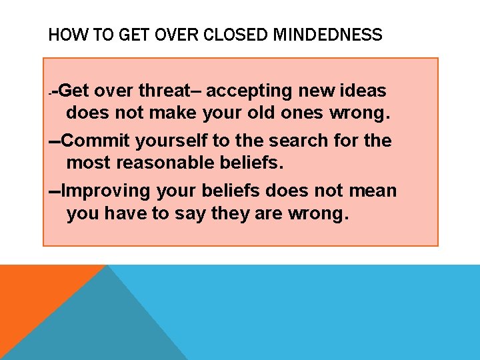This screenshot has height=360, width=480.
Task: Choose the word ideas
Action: point(363,91)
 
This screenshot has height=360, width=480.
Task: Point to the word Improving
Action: point(106,191)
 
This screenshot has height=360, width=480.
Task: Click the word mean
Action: point(374,191)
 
